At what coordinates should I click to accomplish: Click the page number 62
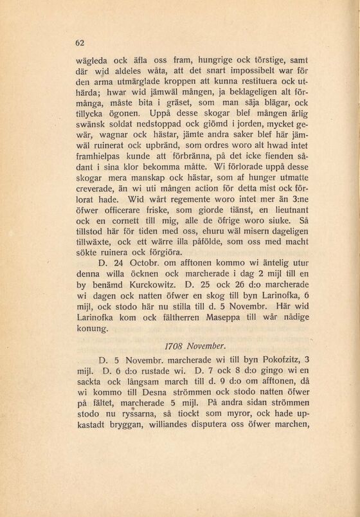click(x=80, y=43)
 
